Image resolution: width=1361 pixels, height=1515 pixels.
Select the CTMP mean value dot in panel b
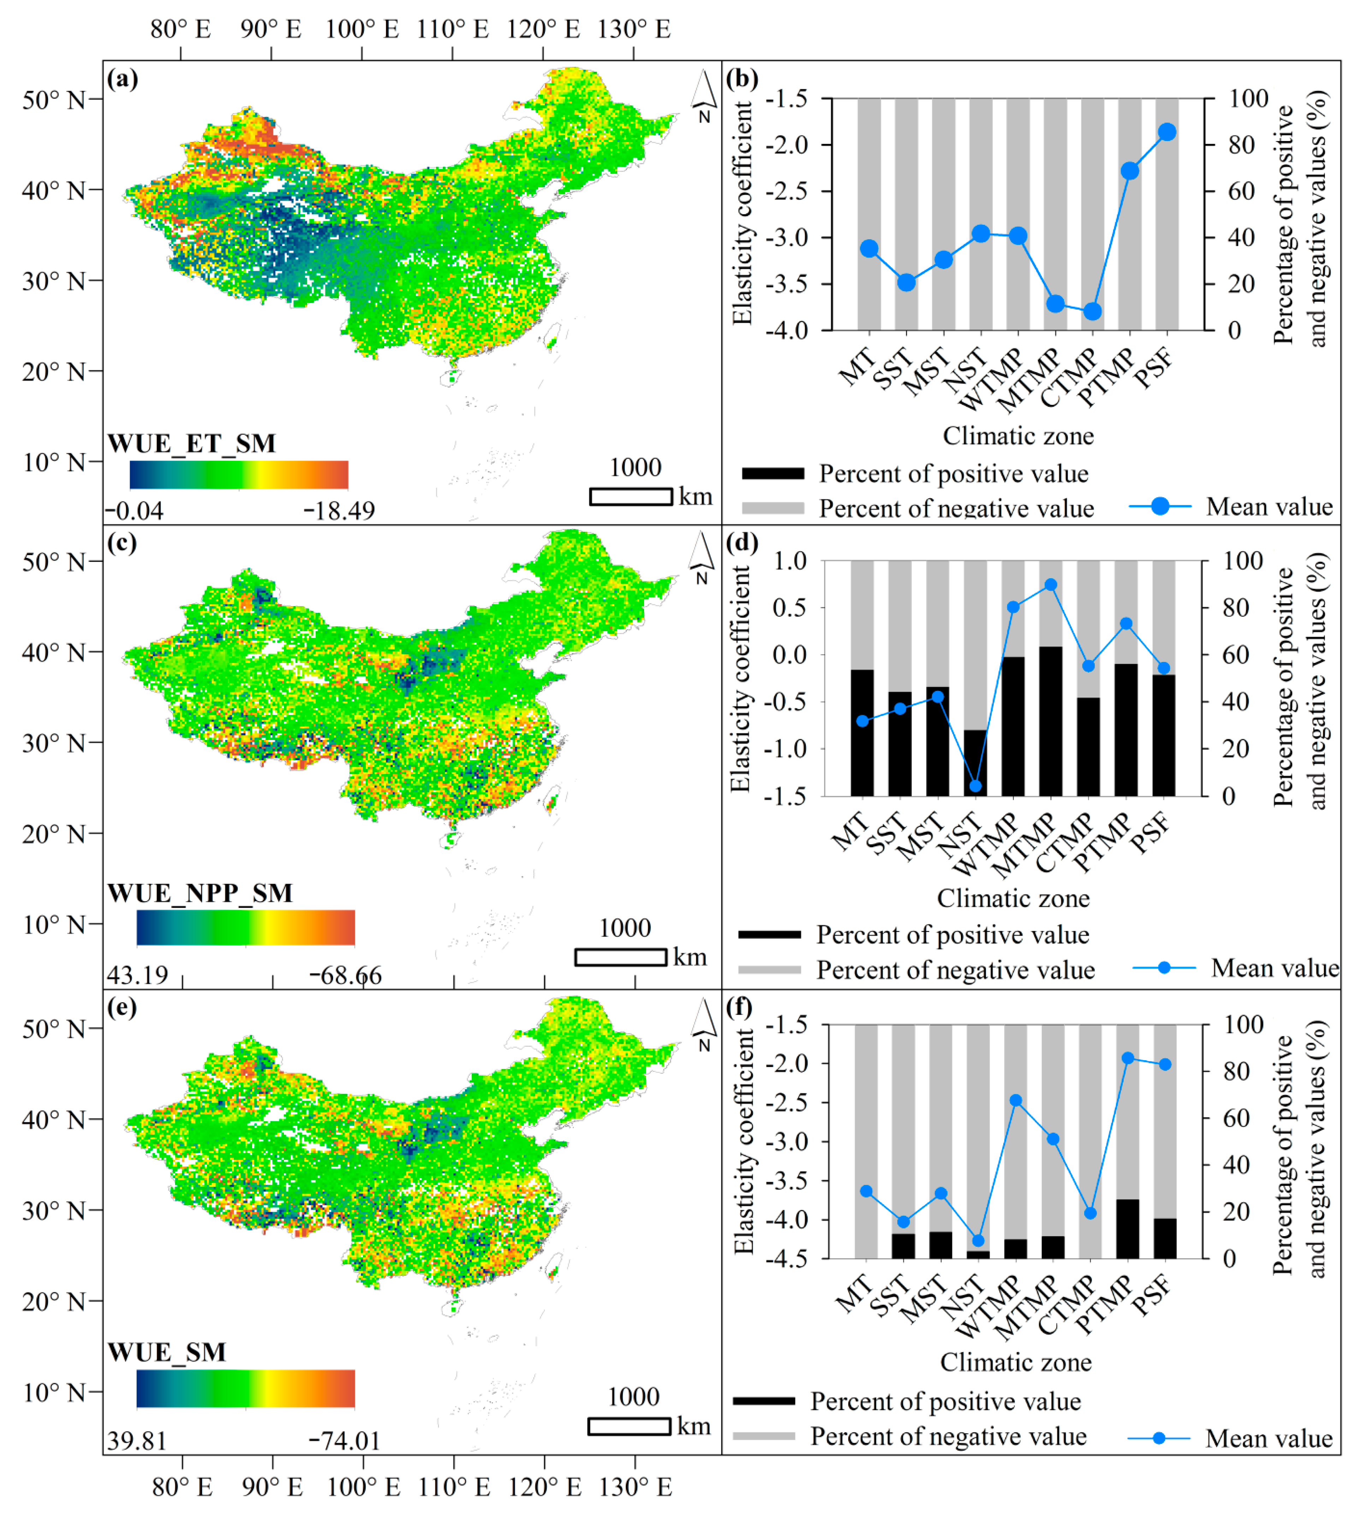[1093, 311]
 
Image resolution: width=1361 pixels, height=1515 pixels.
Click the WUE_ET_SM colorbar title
[191, 444]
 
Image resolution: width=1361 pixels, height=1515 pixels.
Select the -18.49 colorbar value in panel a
[339, 511]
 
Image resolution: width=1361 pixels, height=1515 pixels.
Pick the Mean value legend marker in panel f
[1158, 1438]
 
